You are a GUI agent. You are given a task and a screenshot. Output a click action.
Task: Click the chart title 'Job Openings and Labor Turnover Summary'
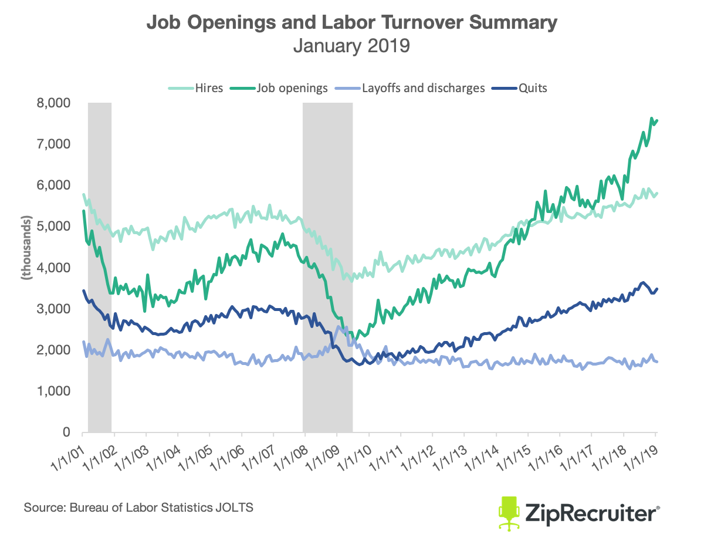pos(351,23)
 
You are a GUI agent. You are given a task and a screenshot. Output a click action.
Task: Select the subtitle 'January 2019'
pos(351,46)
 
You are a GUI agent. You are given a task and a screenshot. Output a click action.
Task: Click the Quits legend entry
pos(524,89)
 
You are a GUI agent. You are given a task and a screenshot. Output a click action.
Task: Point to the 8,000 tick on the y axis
pos(54,103)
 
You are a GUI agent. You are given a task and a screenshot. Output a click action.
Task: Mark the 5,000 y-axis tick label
pos(54,227)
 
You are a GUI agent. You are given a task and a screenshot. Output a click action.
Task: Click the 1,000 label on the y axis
pos(54,391)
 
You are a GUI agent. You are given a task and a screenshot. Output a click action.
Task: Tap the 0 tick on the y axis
pos(67,432)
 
